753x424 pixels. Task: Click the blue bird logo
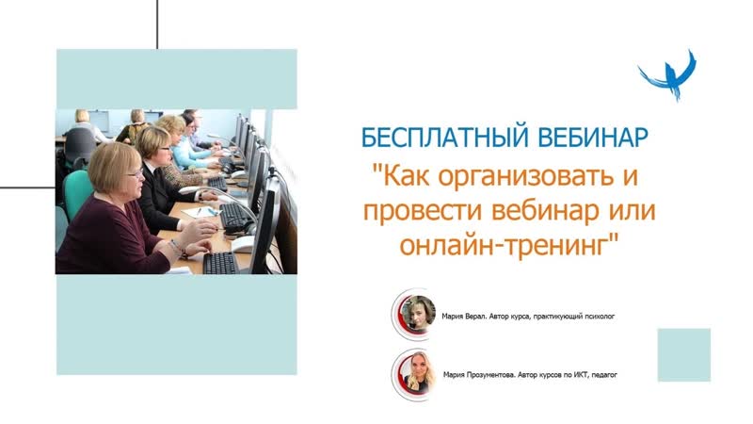(667, 75)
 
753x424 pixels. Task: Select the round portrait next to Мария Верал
(415, 315)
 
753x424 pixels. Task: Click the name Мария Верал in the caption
(463, 317)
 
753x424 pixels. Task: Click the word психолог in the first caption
(599, 317)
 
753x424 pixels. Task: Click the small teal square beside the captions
(684, 355)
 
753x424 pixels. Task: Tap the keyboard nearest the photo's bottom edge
(220, 263)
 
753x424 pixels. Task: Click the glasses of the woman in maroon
(136, 173)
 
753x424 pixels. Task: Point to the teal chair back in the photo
(77, 193)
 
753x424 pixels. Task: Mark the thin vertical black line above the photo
(157, 24)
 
